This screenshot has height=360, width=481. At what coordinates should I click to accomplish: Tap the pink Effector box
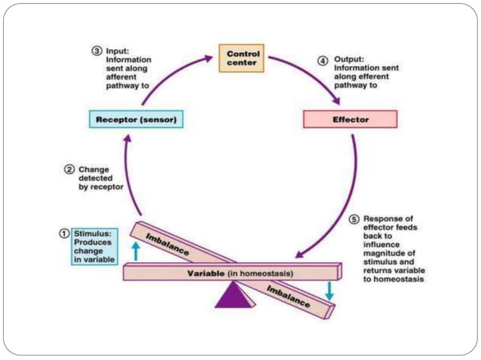coord(349,119)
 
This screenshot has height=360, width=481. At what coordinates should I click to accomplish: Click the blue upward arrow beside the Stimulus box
coord(136,251)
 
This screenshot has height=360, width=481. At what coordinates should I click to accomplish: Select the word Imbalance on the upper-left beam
coord(167,243)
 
